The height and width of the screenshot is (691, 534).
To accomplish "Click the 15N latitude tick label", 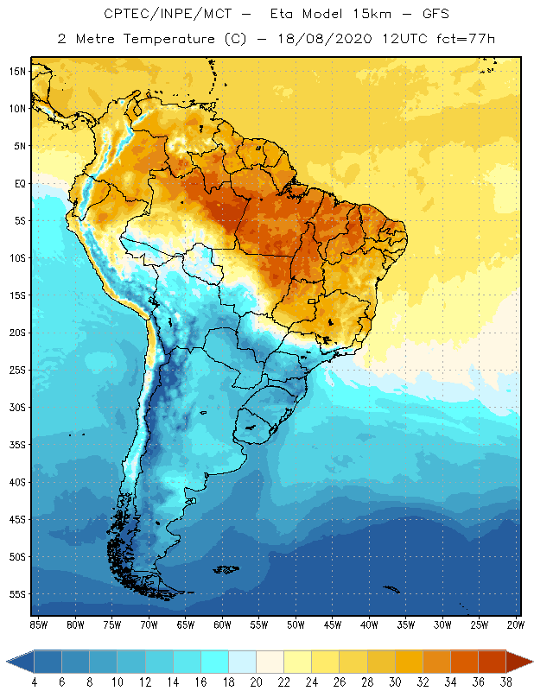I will click(x=17, y=72).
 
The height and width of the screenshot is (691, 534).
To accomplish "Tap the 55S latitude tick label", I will click(x=17, y=594).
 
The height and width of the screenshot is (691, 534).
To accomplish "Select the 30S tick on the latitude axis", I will click(x=17, y=407).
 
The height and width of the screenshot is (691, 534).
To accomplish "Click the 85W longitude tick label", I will click(x=38, y=624).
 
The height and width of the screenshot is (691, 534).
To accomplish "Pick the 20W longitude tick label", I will click(x=515, y=624).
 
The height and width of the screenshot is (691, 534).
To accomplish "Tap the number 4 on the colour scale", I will click(x=35, y=682).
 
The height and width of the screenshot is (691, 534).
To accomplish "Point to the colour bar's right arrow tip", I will click(x=532, y=662).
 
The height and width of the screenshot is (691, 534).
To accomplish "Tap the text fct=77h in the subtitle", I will click(x=463, y=39).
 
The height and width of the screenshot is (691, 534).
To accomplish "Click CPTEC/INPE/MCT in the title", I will click(x=162, y=15).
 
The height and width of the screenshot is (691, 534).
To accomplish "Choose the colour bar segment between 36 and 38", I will click(x=493, y=662).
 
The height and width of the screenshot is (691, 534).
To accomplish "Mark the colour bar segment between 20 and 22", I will click(x=270, y=662).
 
